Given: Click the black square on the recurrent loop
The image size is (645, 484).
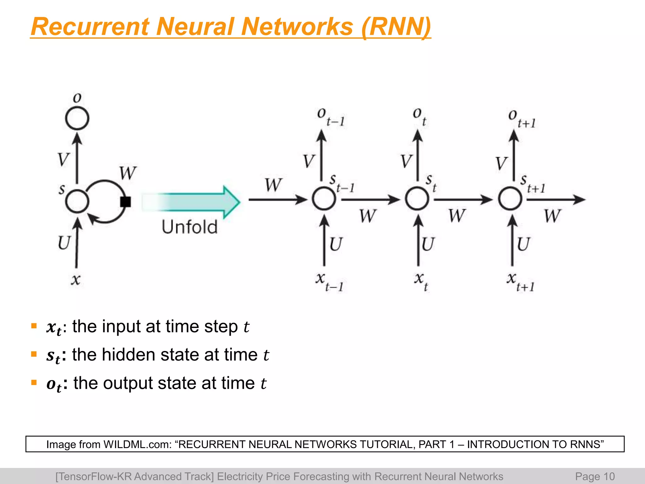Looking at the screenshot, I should [x=125, y=202].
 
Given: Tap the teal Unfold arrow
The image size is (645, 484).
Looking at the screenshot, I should [x=192, y=202].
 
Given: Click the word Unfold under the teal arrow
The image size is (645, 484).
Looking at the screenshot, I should [x=190, y=227].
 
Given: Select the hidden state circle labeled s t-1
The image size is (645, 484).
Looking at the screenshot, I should [x=324, y=199].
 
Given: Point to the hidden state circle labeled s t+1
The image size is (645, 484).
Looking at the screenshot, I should [x=510, y=199].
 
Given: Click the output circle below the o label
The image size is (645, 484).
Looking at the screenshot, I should [x=77, y=118].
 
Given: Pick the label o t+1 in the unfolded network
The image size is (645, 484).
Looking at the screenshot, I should [x=522, y=119].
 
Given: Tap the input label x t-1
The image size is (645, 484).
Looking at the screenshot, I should [x=329, y=282].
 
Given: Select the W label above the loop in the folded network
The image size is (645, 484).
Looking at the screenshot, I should [x=128, y=173].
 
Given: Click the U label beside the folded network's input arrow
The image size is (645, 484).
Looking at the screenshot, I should [x=64, y=243].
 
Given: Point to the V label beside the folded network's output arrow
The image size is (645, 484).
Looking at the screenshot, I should [x=63, y=159].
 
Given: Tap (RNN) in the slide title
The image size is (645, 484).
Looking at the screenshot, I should [x=396, y=26].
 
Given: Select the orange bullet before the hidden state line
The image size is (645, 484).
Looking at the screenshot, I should [x=34, y=354].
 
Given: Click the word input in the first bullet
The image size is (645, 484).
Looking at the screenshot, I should [x=121, y=326].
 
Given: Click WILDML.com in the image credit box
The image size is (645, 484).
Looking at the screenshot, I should [x=137, y=444].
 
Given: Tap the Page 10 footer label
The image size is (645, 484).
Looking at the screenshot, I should [x=595, y=476].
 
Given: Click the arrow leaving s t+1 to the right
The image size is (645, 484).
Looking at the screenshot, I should [x=556, y=199].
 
